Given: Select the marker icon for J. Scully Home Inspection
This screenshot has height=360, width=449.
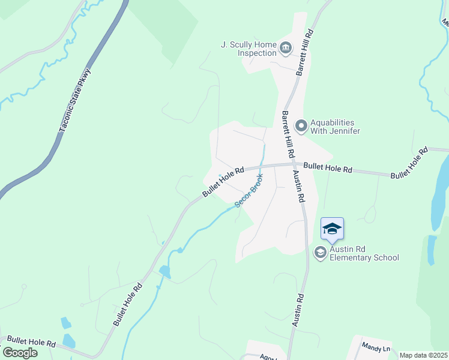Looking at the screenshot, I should [x=285, y=47].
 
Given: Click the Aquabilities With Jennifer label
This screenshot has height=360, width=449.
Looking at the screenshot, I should [x=335, y=126].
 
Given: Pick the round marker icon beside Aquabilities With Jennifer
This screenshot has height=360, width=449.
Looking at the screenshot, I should [x=301, y=126].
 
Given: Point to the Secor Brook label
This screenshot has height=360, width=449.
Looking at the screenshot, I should [x=249, y=191].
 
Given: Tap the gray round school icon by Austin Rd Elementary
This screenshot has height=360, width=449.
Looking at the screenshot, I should [x=320, y=253].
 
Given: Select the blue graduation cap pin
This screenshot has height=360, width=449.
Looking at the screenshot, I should [x=332, y=229].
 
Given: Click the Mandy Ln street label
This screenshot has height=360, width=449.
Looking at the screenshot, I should [x=376, y=347].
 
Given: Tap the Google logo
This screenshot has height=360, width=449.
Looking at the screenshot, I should [x=19, y=352].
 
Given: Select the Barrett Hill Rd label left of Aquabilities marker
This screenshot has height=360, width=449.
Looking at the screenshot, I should [x=288, y=136].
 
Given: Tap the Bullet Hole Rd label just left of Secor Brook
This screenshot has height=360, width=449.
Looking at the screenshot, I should [x=223, y=182].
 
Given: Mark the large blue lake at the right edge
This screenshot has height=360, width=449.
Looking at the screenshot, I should [x=440, y=198].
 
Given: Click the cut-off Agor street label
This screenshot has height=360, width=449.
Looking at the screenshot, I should [x=265, y=356].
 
